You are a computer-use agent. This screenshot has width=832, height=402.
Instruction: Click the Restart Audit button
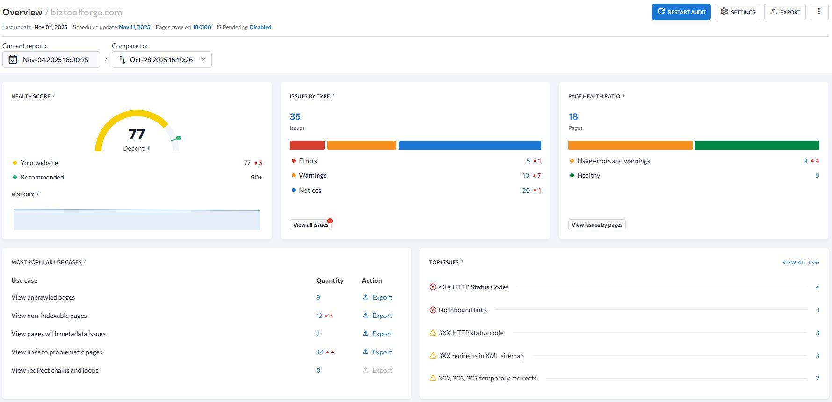(681, 12)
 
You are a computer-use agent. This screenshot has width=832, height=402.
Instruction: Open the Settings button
(737, 12)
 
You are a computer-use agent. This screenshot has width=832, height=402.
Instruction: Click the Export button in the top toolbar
(785, 12)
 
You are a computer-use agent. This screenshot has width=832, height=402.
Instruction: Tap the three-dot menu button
(818, 12)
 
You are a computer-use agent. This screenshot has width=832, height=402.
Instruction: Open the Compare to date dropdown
(161, 60)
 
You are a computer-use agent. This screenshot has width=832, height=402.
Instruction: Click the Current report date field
(51, 60)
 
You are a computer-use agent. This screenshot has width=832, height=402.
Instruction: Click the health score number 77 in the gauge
(137, 135)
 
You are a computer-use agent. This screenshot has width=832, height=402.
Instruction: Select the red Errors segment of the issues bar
(307, 145)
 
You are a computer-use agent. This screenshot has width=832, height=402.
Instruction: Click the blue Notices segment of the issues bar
(470, 145)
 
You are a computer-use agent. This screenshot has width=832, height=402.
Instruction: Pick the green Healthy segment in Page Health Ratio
(757, 145)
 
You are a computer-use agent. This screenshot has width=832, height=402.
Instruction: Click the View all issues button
(311, 225)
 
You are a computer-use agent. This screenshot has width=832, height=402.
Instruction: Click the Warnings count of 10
(526, 176)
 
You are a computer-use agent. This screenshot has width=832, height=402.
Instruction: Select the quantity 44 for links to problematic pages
(320, 352)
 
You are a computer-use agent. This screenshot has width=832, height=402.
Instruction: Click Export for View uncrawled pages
(377, 297)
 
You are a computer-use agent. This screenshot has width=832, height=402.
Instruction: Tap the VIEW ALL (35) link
(801, 263)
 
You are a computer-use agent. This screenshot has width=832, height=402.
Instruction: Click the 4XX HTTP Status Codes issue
(473, 287)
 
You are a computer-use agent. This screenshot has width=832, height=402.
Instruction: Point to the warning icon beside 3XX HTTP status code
(433, 333)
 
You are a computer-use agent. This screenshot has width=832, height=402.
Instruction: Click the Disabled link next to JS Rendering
(260, 27)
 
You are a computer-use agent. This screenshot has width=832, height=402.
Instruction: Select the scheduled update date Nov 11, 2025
(134, 27)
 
